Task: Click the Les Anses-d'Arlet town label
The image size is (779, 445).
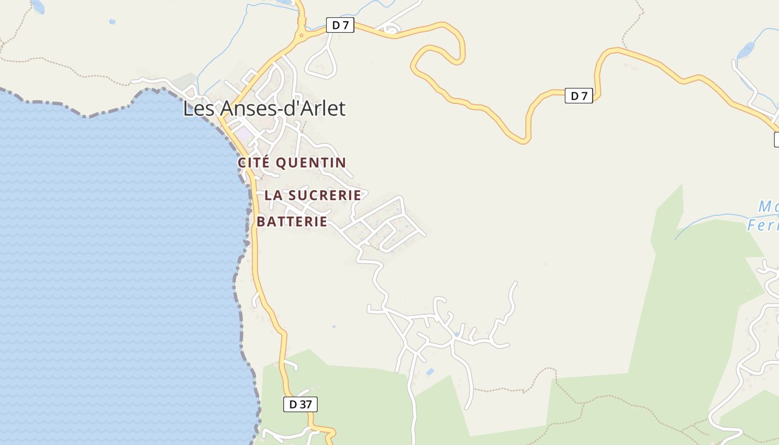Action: [x=264, y=108]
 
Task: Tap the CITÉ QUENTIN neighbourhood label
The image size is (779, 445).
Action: [x=292, y=162]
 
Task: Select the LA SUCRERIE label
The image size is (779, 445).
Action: [x=313, y=195]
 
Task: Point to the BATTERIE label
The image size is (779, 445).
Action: [x=292, y=221]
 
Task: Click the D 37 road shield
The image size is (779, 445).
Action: [x=300, y=404]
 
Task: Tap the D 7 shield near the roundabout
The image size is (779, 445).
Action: [x=339, y=25]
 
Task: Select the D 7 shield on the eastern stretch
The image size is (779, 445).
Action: [x=579, y=96]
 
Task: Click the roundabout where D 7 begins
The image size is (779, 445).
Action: [x=302, y=36]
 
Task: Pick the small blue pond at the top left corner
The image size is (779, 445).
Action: [x=37, y=6]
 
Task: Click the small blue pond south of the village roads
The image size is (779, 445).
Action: [x=430, y=372]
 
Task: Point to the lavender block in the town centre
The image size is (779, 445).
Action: [x=243, y=134]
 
